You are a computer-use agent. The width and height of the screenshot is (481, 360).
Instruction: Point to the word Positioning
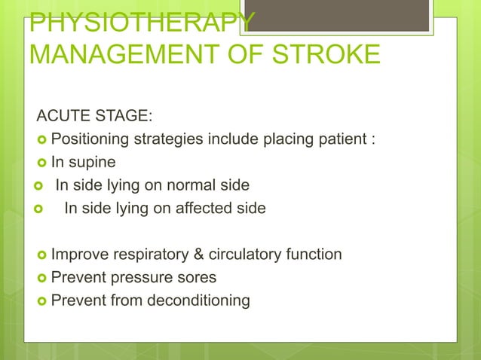pos(90,139)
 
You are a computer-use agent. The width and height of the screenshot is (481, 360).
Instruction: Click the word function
pos(316,255)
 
